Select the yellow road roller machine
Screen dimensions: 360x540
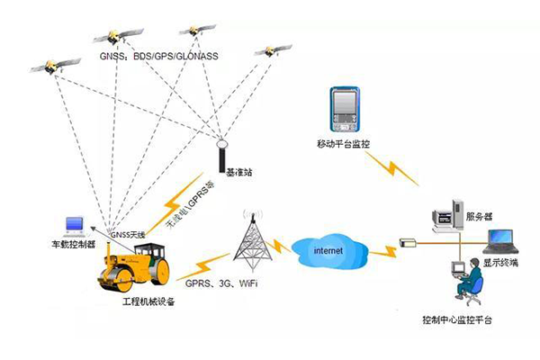click(x=137, y=266)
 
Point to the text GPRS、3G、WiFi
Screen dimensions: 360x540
click(x=216, y=283)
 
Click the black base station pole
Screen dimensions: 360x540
click(x=222, y=157)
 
